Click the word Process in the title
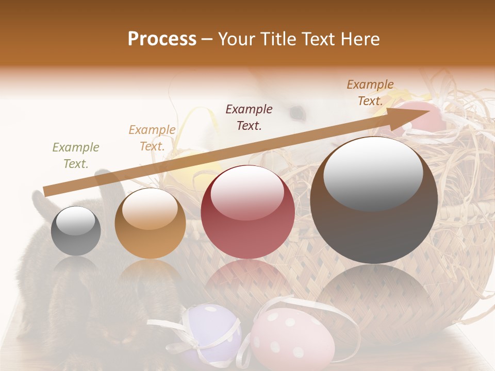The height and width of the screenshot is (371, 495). (162, 39)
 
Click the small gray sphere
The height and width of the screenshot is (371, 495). (76, 231)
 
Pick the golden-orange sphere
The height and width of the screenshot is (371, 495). (150, 224)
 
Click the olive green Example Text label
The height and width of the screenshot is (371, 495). (76, 156)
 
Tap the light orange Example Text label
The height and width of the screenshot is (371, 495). (152, 138)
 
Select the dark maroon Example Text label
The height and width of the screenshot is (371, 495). (249, 117)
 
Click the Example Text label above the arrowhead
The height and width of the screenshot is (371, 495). (370, 93)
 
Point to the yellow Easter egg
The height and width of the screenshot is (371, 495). (192, 170)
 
